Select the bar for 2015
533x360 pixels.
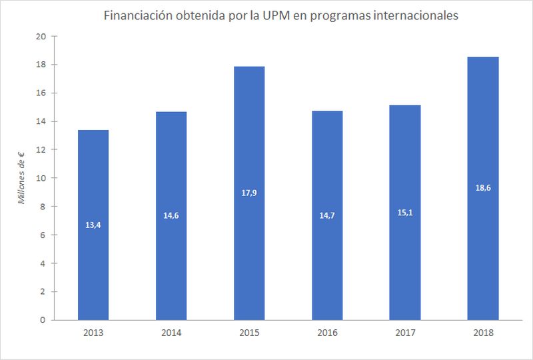(249, 253)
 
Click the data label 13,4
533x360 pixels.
(93, 225)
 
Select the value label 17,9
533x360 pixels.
(249, 193)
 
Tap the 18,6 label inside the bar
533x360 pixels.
(483, 189)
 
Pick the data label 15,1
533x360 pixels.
(405, 213)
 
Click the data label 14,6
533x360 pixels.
(171, 216)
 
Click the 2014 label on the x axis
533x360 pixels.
(171, 332)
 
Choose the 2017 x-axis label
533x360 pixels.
(405, 332)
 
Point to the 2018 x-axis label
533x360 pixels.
(483, 332)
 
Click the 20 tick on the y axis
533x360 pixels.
(41, 37)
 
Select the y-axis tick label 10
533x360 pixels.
(41, 178)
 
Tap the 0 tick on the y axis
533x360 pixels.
(43, 320)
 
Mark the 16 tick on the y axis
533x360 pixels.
(41, 93)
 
